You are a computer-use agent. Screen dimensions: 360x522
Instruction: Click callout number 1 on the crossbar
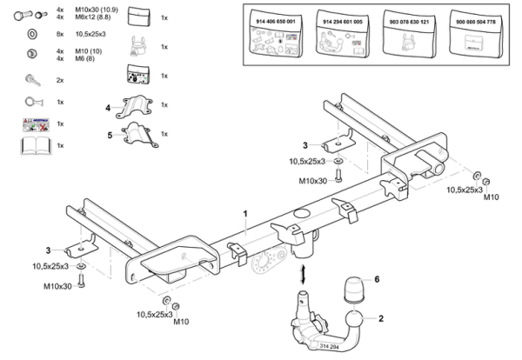click(x=245, y=213)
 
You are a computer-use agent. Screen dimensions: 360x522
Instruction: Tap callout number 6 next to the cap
click(x=378, y=279)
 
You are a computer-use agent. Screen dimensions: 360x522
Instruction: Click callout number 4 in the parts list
click(x=109, y=108)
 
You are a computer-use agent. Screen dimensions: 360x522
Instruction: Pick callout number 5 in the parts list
click(x=109, y=135)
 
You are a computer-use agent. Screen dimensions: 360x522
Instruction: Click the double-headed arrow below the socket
click(x=304, y=276)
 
